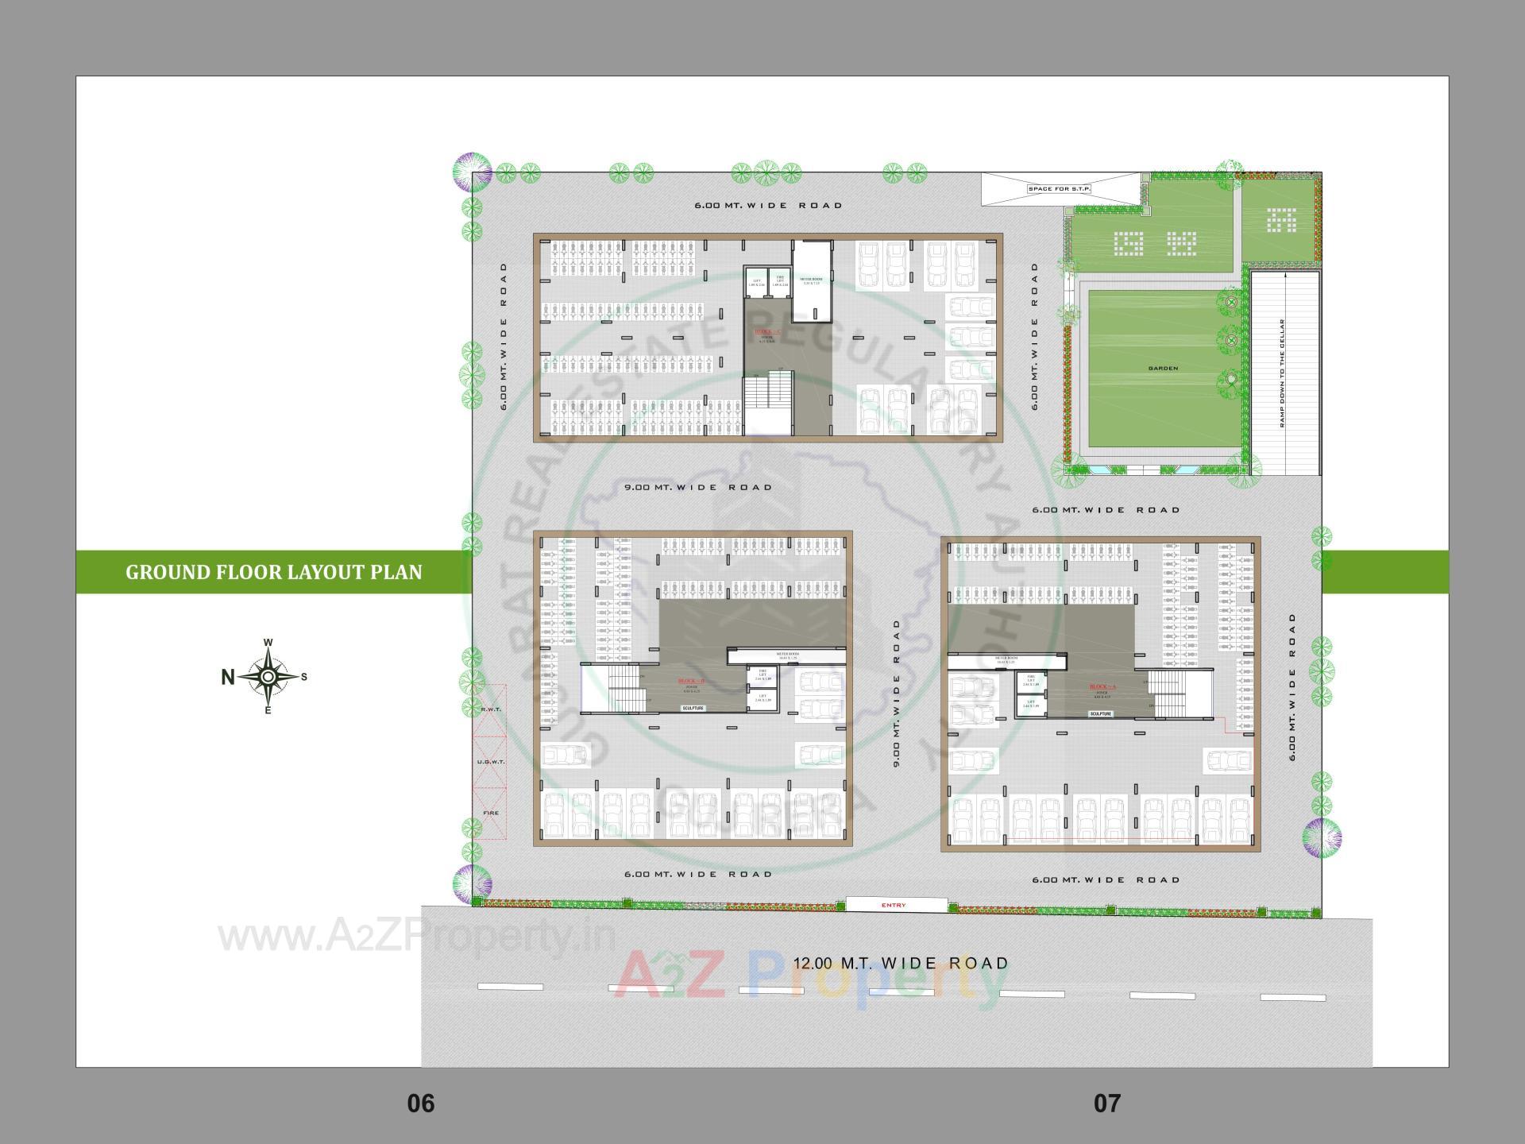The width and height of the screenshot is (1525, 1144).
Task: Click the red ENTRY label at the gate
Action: pyautogui.click(x=894, y=905)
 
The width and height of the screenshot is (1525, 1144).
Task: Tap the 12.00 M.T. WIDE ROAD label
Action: pyautogui.click(x=901, y=964)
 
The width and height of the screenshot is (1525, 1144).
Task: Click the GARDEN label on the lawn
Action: pyautogui.click(x=1163, y=369)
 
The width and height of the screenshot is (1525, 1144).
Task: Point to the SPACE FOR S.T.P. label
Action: pyautogui.click(x=1060, y=188)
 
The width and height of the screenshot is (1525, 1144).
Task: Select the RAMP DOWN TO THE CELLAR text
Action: pyautogui.click(x=1282, y=373)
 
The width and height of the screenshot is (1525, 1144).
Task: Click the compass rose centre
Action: pyautogui.click(x=268, y=677)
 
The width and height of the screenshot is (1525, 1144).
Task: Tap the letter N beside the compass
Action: pyautogui.click(x=228, y=678)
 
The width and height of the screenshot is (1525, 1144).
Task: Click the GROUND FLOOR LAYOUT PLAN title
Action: pyautogui.click(x=274, y=572)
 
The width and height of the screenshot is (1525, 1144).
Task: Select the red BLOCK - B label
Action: pyautogui.click(x=690, y=682)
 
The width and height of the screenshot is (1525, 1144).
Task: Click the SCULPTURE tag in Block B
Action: pyautogui.click(x=693, y=708)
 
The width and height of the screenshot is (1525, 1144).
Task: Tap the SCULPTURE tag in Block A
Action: pyautogui.click(x=1101, y=713)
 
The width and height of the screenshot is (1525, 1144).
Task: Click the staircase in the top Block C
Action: pyautogui.click(x=767, y=406)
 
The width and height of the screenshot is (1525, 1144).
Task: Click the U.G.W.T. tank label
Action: pyautogui.click(x=491, y=762)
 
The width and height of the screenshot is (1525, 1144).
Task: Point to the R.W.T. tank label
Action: pyautogui.click(x=491, y=709)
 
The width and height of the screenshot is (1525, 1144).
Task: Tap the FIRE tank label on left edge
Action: pyautogui.click(x=491, y=813)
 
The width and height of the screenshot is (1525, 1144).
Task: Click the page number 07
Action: pyautogui.click(x=1107, y=1103)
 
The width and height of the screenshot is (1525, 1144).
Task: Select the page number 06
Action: pyautogui.click(x=421, y=1103)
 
